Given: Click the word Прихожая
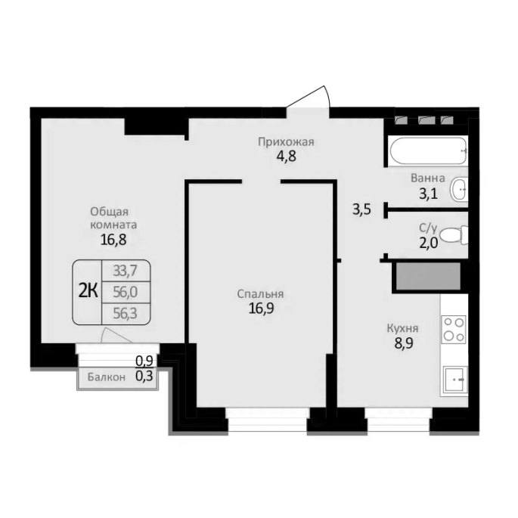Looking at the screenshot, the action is (286, 142).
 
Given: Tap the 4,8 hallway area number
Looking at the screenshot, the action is (287, 156).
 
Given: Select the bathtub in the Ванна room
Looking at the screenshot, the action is (429, 150).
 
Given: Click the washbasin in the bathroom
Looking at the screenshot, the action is (458, 189).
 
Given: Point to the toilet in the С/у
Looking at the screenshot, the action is (454, 235).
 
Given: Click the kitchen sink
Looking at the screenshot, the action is (455, 380).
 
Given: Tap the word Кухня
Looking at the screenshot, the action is (402, 328).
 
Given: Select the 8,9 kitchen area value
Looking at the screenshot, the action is (404, 343).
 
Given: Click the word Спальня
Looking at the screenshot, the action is (260, 293).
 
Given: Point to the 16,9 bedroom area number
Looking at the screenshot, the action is (261, 309).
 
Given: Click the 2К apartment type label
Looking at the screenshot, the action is (88, 291).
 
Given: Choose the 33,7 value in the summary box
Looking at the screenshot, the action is (125, 271).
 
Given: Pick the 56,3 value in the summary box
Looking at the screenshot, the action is (125, 313).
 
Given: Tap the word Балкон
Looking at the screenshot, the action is (107, 377).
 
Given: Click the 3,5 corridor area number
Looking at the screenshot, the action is (361, 209).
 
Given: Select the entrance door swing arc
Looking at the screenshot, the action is (327, 97).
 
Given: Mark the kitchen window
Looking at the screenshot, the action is (399, 420).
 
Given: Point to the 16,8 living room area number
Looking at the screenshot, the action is (113, 240).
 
